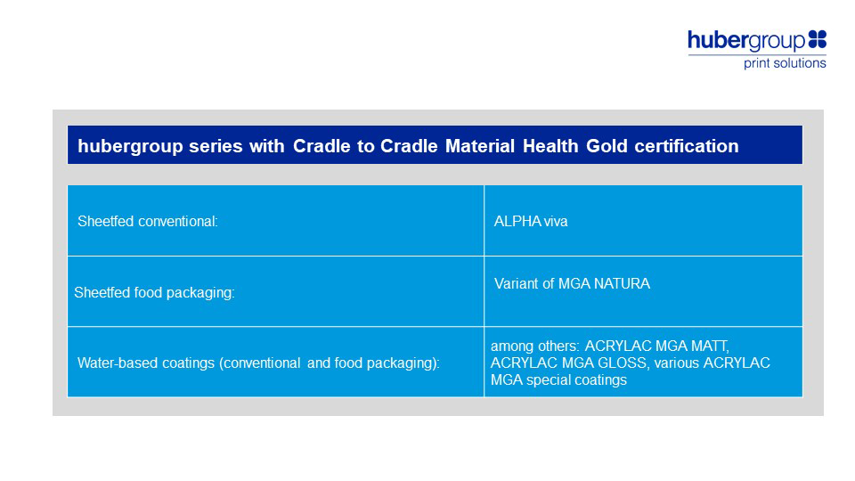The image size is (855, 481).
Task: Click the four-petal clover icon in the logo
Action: [x=817, y=39]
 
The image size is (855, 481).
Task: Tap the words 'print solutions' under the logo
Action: [x=785, y=63]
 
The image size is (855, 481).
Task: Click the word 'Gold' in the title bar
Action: [x=607, y=146]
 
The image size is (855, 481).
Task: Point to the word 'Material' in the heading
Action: [x=480, y=146]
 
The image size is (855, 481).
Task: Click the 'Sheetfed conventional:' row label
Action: [x=148, y=222]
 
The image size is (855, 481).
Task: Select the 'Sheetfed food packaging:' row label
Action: [x=154, y=293]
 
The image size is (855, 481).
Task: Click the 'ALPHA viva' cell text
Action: [x=531, y=222]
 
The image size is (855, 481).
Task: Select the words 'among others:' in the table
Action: [x=535, y=346]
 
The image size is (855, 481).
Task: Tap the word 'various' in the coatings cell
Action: [x=677, y=363]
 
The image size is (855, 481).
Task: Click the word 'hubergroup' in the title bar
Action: [x=130, y=146]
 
